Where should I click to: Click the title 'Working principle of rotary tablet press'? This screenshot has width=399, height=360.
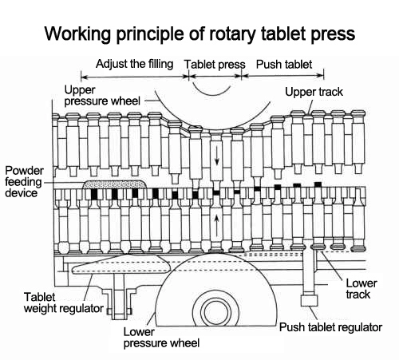pos(199,34)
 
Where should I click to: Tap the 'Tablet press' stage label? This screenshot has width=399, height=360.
pos(215,64)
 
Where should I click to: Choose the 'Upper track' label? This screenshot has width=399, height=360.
pos(314,93)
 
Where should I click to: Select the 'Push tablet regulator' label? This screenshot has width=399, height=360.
pos(330,327)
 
